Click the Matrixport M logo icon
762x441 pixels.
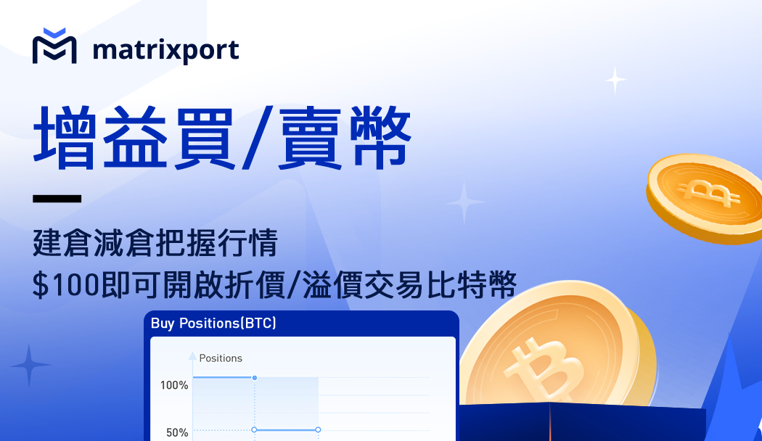click(54, 46)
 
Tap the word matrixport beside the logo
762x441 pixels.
click(165, 50)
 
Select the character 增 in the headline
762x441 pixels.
click(64, 137)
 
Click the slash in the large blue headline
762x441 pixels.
click(257, 139)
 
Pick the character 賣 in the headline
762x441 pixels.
click(310, 139)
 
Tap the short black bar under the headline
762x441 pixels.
click(57, 199)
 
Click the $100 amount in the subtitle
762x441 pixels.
click(65, 285)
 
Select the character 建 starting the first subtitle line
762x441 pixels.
click(48, 242)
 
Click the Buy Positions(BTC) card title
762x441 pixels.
click(213, 323)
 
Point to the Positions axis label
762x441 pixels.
click(221, 358)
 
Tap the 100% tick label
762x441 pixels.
click(174, 386)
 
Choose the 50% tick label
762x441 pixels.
click(177, 433)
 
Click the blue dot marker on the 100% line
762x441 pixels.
click(254, 378)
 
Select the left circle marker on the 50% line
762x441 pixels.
click(254, 430)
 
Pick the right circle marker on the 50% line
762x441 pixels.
click(318, 430)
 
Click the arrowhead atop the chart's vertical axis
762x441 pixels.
click(192, 356)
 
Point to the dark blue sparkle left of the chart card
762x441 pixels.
click(30, 366)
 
